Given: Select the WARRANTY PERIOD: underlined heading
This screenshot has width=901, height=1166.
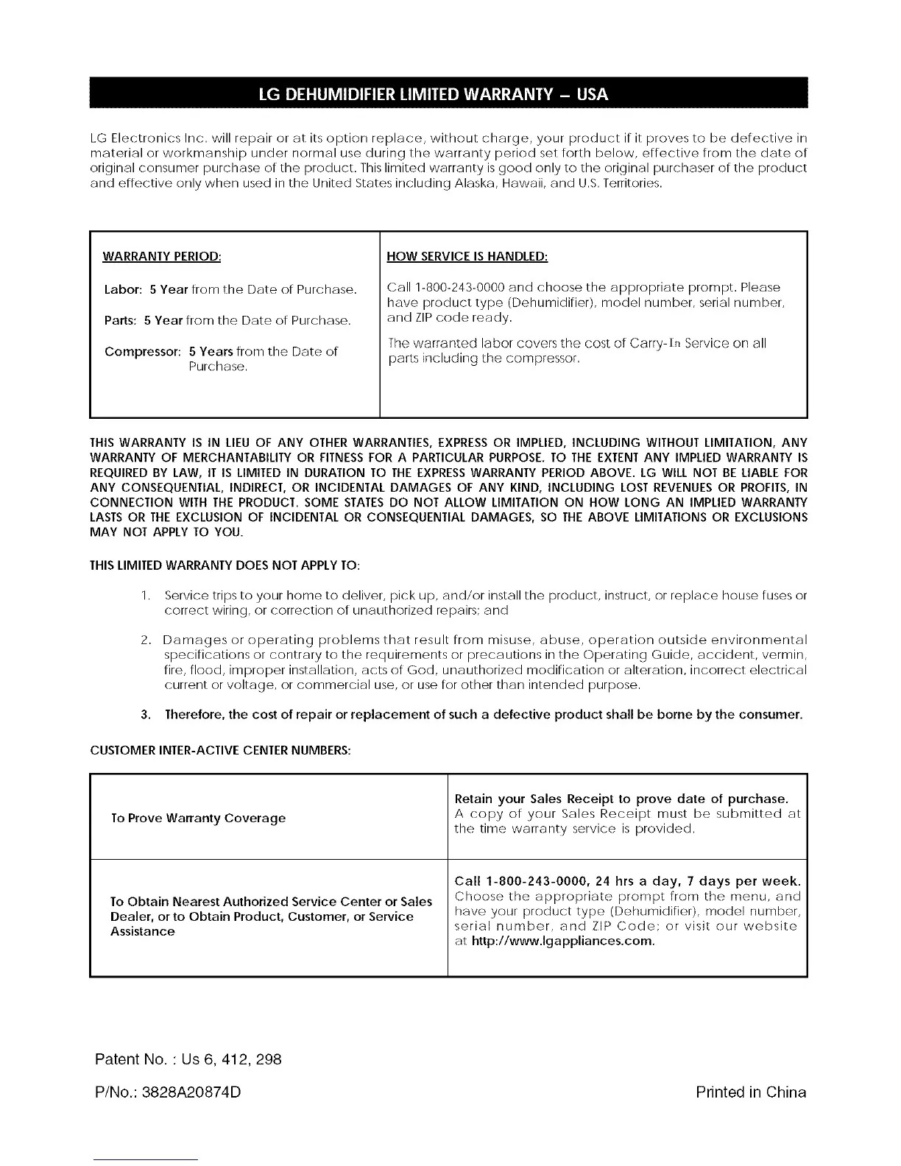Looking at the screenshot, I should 162,257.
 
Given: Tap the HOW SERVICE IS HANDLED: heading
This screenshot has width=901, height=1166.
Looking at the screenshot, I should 467,257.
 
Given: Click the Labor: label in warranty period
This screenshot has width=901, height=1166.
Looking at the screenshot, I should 123,289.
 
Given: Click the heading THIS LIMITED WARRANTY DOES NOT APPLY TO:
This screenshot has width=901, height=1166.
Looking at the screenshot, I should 213,566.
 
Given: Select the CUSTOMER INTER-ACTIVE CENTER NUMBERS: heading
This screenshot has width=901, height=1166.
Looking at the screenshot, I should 220,750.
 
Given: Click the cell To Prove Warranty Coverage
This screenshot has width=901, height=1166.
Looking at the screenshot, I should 198,818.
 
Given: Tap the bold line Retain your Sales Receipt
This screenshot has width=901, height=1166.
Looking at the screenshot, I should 621,799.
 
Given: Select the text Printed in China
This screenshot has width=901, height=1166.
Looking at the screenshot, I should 750,1092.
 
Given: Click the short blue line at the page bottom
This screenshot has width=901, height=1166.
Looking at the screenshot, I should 146,1159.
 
